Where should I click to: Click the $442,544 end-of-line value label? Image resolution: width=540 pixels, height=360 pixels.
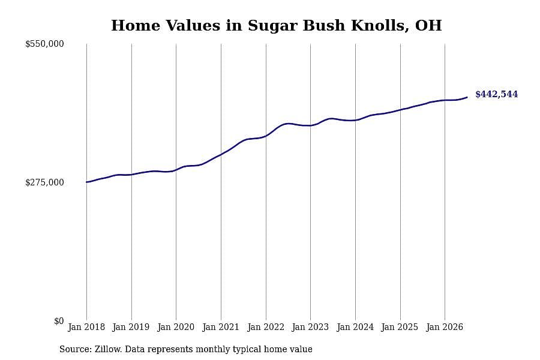(496, 94)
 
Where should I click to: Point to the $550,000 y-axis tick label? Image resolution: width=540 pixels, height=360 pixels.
(44, 44)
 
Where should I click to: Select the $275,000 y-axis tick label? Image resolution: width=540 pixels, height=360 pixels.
(44, 182)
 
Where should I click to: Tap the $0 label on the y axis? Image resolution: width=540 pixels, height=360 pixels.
(59, 321)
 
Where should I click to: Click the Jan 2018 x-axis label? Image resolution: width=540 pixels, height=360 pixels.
(86, 327)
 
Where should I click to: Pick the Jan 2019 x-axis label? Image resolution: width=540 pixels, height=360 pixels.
(131, 327)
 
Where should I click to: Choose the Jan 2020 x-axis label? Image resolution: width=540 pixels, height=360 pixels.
(176, 327)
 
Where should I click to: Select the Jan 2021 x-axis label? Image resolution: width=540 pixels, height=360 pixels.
(221, 327)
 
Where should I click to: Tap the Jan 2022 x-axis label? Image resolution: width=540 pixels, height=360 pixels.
(266, 327)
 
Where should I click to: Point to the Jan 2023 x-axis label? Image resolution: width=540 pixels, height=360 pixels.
(310, 327)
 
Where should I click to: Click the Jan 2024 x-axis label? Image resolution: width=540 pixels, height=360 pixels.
(355, 327)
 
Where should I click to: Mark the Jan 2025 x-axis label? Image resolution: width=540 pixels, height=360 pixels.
(400, 327)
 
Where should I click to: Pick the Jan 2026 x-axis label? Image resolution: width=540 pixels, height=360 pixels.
(445, 327)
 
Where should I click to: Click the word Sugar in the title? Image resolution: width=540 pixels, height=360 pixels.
(273, 26)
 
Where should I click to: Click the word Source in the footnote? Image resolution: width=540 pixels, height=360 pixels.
(75, 349)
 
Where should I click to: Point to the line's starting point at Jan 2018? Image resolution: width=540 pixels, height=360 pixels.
(86, 182)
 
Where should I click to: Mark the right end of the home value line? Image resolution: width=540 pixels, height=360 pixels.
(467, 97)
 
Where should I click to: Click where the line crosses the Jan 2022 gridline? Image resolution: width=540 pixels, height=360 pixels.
(266, 136)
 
